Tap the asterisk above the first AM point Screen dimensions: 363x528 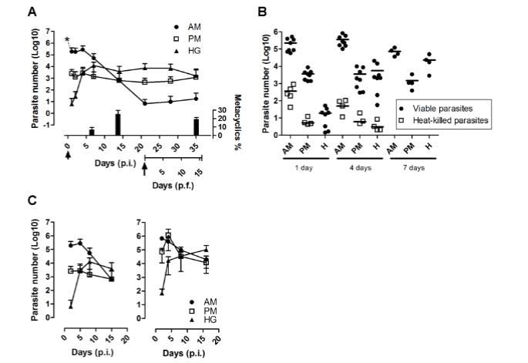pos(68,40)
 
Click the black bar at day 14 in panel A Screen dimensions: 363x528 pos(118,123)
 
